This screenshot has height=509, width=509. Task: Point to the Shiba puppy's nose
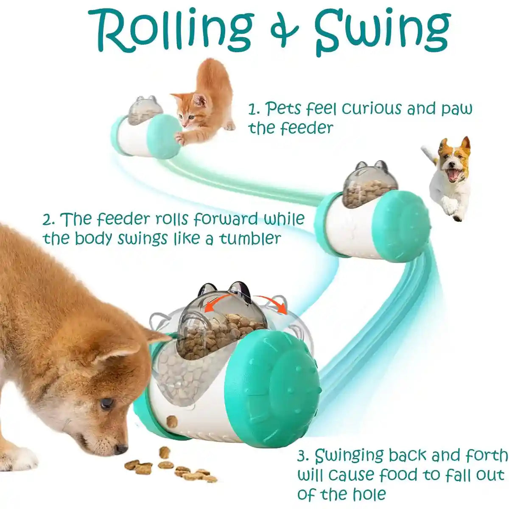point(120,448)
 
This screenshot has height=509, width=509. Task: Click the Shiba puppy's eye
point(107,403)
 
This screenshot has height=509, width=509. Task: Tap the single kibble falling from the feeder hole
point(172,421)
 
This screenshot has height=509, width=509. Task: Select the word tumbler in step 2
point(250,238)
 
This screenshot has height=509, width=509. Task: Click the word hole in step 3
point(369,494)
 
